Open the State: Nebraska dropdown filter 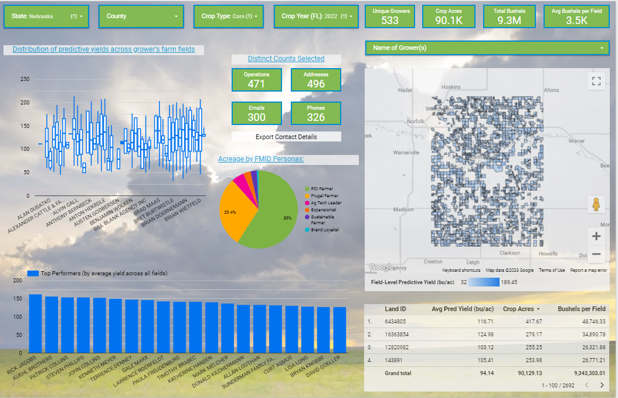(x=46, y=16)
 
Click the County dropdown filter (x=141, y=16)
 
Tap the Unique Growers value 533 (x=389, y=21)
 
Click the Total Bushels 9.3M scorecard (x=509, y=16)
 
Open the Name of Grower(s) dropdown (x=487, y=48)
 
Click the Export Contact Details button (x=286, y=137)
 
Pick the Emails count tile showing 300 (x=256, y=113)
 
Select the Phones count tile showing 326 (x=315, y=113)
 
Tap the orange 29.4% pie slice (x=235, y=211)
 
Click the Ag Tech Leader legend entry (x=326, y=203)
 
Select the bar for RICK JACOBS (x=35, y=323)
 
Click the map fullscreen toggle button (x=596, y=81)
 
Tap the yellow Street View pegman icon (x=596, y=204)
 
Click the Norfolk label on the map (x=415, y=122)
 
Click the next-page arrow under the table (x=602, y=385)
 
